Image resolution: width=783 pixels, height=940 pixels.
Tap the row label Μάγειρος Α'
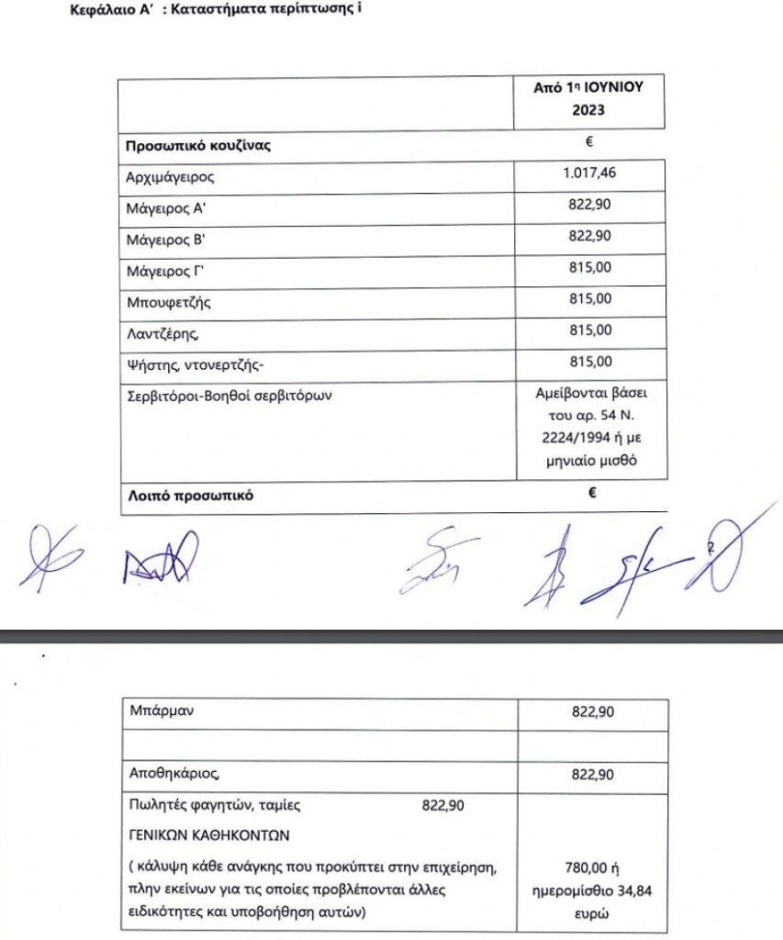coord(163,208)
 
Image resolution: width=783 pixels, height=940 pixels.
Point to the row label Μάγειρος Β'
coord(163,241)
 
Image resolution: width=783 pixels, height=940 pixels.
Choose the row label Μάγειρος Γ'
coord(163,272)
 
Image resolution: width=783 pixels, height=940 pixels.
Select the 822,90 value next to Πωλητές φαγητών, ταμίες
coord(443,806)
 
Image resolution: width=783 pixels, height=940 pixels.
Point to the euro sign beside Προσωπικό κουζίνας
coord(591,140)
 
